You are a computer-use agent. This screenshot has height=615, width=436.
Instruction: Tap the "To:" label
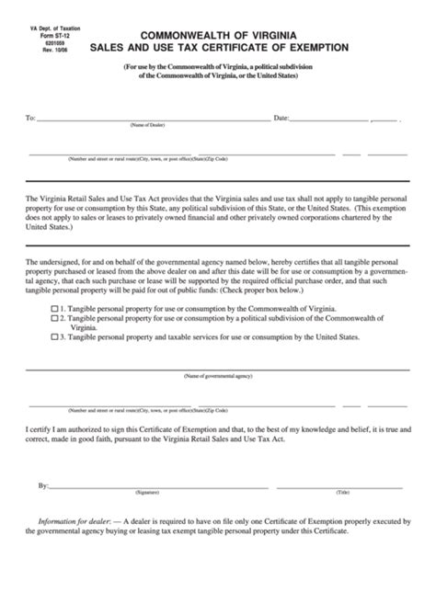coord(31,119)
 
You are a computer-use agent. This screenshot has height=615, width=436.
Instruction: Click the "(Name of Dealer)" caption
coord(147,125)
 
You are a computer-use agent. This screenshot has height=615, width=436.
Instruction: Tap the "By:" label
coord(43,484)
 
